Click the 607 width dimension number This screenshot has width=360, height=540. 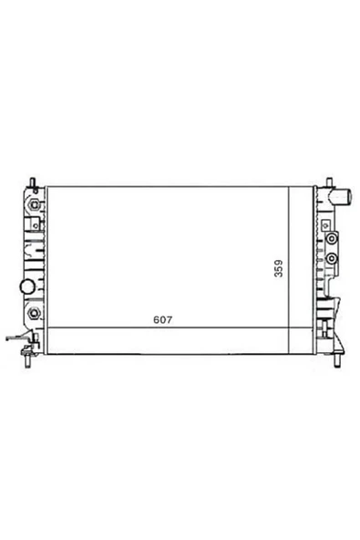pos(162,320)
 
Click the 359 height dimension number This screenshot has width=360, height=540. pos(279,268)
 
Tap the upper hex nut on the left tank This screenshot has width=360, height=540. pos(35,204)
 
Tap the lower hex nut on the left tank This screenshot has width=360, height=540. pos(34,313)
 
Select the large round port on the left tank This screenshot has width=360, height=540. pos(26,286)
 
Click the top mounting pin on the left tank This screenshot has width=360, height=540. pos(33,182)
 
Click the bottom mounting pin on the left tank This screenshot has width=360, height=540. pos(28,361)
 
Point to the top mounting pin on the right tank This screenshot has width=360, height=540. pos(329,182)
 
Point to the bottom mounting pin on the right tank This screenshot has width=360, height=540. pos(337,360)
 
